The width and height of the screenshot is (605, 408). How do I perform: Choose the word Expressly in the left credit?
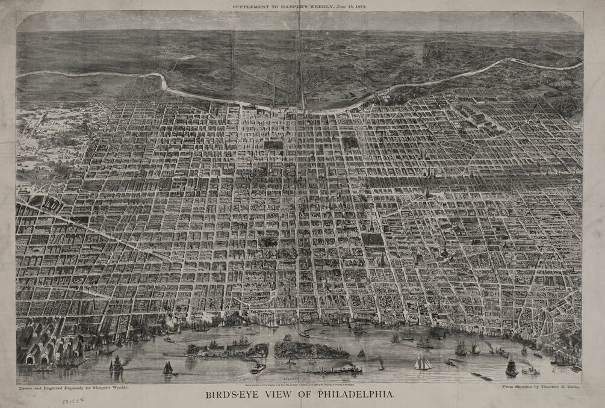(88, 389)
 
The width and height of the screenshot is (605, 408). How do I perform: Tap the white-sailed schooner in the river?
(423, 362)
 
